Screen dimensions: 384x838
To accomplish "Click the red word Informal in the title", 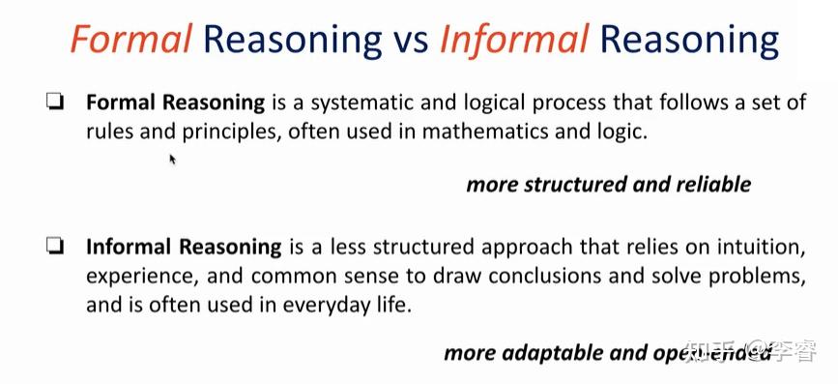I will tap(513, 40).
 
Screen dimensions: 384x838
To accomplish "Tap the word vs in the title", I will tap(409, 41).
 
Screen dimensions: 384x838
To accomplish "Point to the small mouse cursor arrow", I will tap(173, 159).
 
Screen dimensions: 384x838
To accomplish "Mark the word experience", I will tap(139, 276).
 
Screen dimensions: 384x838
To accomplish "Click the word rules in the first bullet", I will tap(111, 131).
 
